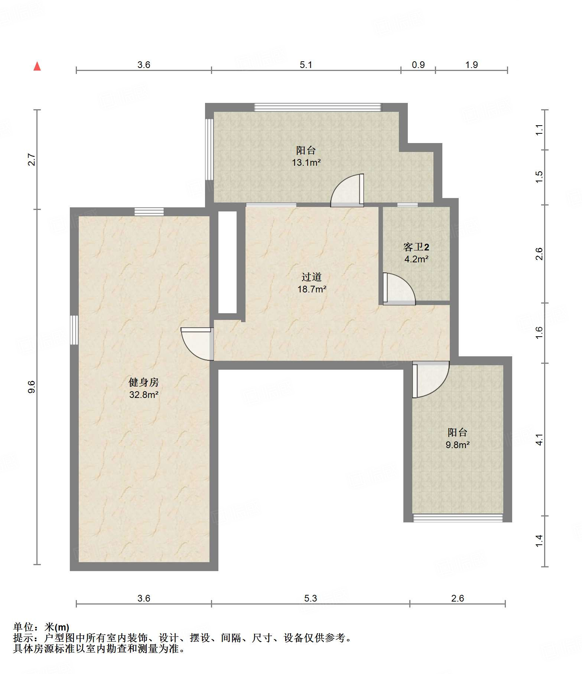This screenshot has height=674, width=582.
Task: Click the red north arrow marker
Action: tap(37, 66)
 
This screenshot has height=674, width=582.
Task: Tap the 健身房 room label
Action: tap(144, 382)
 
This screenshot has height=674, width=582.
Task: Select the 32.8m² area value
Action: tap(144, 395)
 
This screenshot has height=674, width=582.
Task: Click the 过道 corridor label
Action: tap(312, 277)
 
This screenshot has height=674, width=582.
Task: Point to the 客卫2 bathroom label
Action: tap(416, 247)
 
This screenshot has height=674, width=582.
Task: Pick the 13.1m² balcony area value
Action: tap(306, 162)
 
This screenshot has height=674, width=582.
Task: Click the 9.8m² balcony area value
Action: tap(458, 445)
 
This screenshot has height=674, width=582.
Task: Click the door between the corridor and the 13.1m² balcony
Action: tap(347, 190)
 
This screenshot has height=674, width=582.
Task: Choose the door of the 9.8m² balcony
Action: tap(431, 379)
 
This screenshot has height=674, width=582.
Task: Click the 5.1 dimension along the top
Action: tap(306, 65)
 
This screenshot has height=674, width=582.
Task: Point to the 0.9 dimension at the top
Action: tap(418, 65)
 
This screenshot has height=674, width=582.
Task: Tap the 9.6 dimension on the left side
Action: tap(32, 387)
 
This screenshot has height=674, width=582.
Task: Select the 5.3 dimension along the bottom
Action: tap(311, 598)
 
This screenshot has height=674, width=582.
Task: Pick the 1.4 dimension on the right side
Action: tap(539, 541)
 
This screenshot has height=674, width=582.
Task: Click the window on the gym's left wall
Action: tap(74, 330)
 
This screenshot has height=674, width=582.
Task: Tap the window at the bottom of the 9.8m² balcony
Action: tap(458, 518)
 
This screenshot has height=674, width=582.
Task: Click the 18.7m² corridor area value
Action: tap(312, 289)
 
